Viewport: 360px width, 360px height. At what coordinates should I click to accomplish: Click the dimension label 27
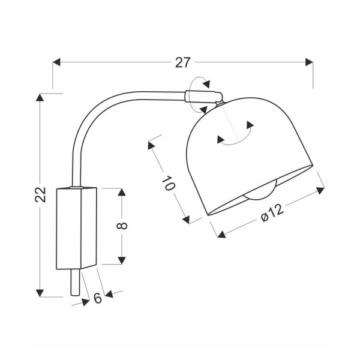(183, 62)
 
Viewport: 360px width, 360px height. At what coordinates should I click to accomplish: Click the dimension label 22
(41, 194)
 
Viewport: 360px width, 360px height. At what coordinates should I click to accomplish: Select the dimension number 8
(122, 226)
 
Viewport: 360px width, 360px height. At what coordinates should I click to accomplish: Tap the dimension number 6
(98, 298)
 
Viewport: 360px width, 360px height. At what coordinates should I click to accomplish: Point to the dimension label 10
(169, 183)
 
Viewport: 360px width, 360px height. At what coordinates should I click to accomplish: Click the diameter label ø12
(272, 213)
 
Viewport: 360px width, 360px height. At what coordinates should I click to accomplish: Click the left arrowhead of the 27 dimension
(56, 62)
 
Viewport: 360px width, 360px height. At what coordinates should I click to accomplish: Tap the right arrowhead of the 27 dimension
(309, 62)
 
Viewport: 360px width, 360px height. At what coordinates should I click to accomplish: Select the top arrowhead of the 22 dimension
(40, 97)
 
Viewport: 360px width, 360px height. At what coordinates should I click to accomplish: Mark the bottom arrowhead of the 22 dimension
(40, 293)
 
